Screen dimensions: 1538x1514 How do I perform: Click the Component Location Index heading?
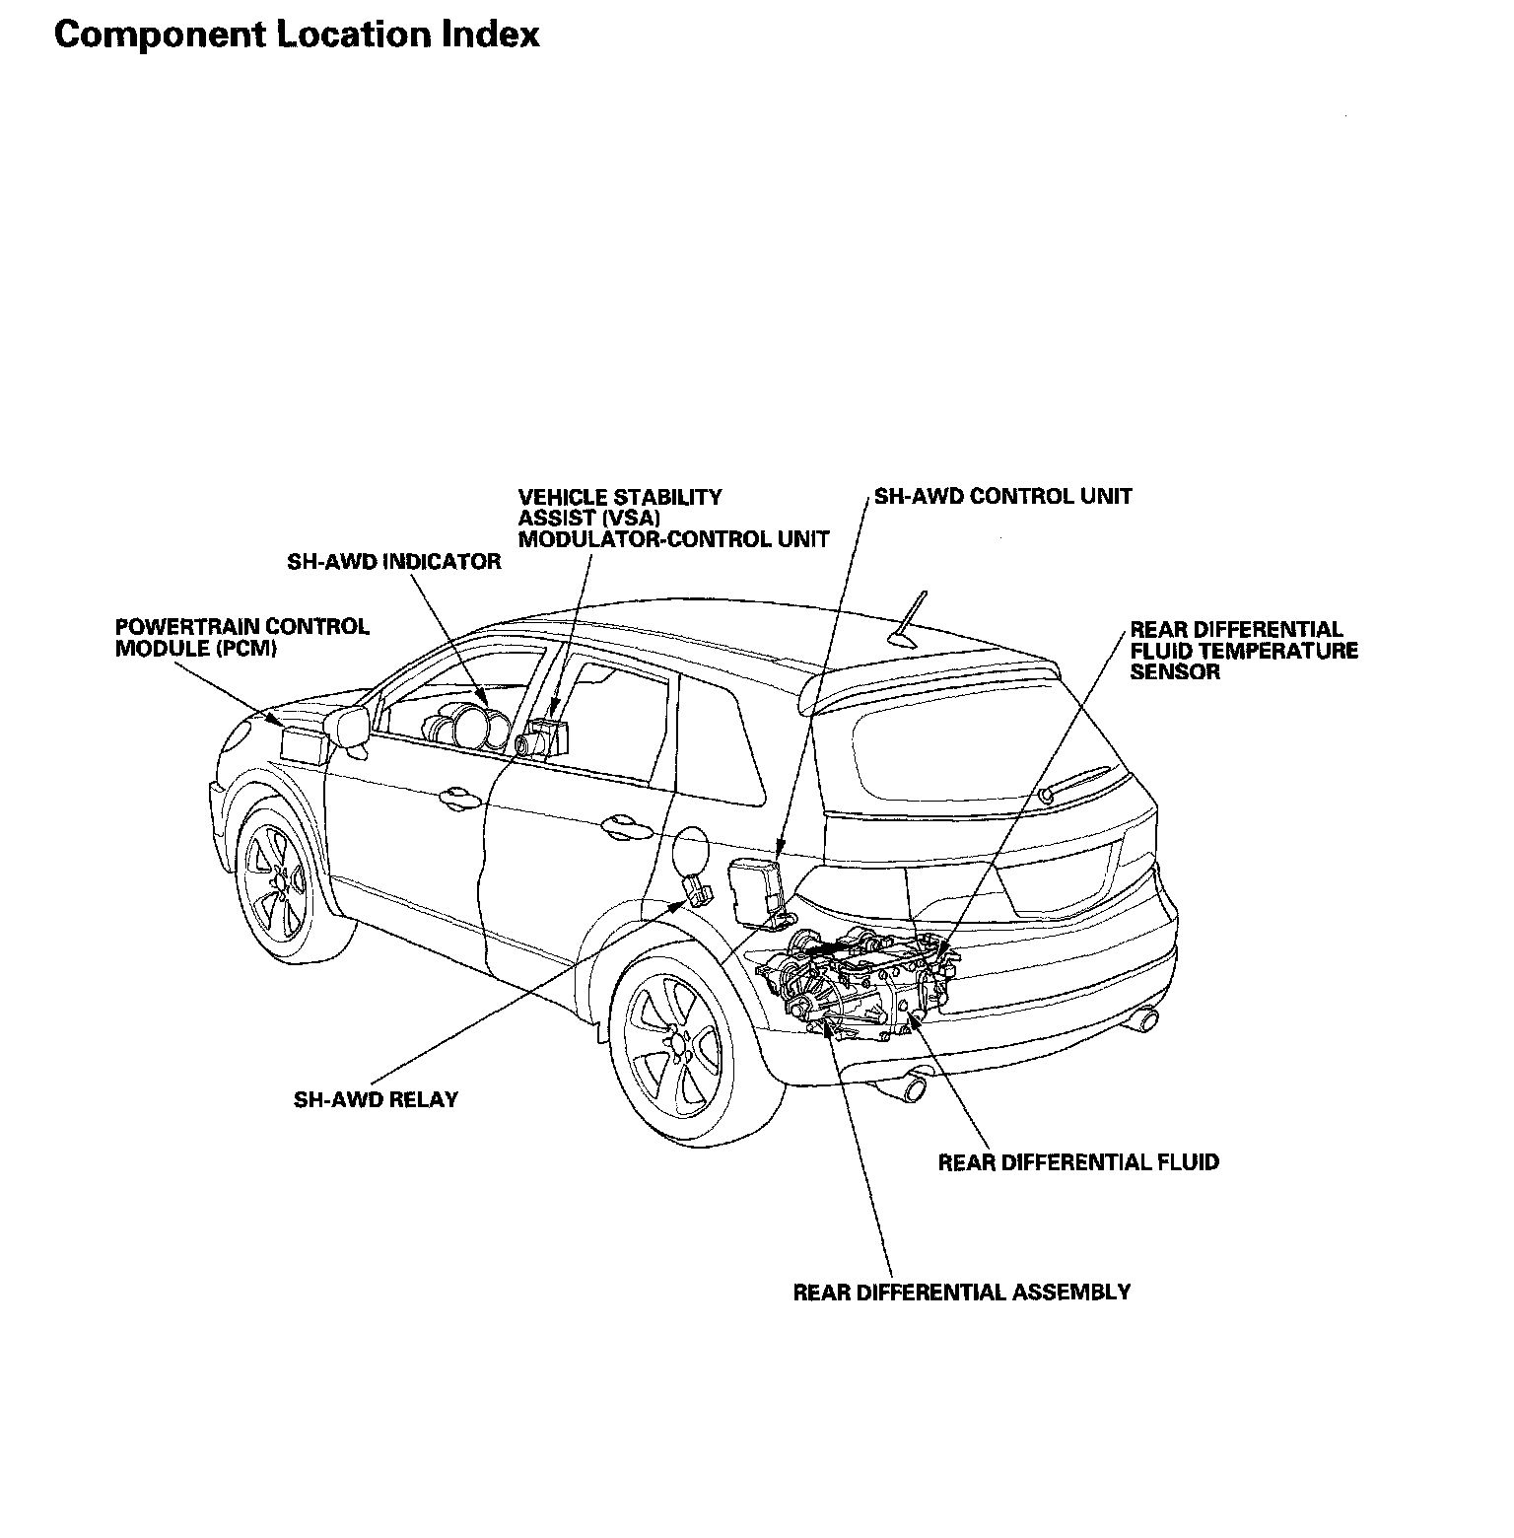tap(297, 35)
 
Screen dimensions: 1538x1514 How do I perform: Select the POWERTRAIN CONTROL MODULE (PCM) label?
tap(242, 638)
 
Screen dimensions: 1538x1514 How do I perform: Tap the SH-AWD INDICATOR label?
tap(393, 562)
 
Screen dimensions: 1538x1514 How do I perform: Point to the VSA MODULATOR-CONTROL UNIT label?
tap(673, 519)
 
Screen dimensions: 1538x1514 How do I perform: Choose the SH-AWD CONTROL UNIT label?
tap(1003, 496)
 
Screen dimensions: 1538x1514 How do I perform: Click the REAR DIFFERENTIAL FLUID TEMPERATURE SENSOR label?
tap(1243, 651)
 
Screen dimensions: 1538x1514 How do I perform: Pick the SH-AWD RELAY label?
tap(376, 1099)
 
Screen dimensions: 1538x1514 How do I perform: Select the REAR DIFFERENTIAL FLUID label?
tap(1078, 1162)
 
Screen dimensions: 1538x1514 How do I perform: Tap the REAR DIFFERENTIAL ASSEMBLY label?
tap(961, 1292)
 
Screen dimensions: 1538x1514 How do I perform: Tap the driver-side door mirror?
tap(351, 727)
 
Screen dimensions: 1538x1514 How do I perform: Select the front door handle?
tap(458, 795)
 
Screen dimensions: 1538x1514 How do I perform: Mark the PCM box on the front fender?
tap(303, 742)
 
